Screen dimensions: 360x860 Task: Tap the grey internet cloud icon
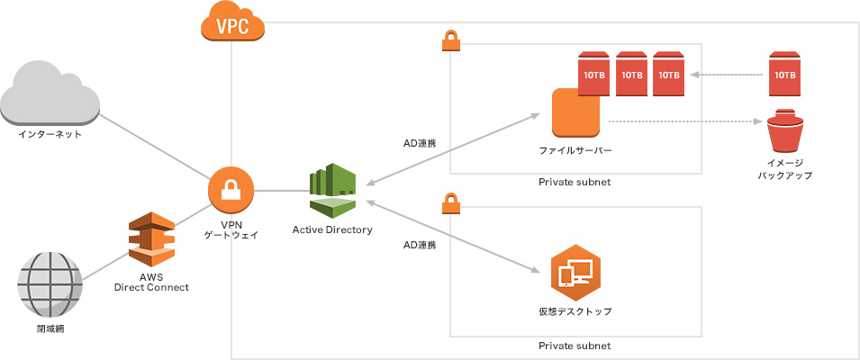pyautogui.click(x=50, y=93)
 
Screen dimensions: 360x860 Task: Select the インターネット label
pyautogui.click(x=50, y=134)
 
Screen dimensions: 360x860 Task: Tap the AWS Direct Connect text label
pyautogui.click(x=151, y=282)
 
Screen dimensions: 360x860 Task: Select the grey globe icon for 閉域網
pyautogui.click(x=50, y=282)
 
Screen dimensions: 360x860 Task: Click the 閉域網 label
pyautogui.click(x=50, y=328)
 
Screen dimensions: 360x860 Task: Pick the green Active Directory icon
pyautogui.click(x=333, y=190)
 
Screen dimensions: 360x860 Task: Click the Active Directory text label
pyautogui.click(x=332, y=230)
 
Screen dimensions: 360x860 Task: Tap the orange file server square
pyautogui.click(x=576, y=112)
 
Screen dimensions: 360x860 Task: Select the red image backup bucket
pyautogui.click(x=783, y=130)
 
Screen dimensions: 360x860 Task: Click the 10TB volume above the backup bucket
pyautogui.click(x=783, y=74)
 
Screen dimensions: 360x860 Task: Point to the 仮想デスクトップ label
pyautogui.click(x=575, y=311)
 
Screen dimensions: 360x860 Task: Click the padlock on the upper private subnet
pyautogui.click(x=450, y=40)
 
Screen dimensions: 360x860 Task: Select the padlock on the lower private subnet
pyautogui.click(x=450, y=204)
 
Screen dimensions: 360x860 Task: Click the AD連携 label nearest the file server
pyautogui.click(x=420, y=143)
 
